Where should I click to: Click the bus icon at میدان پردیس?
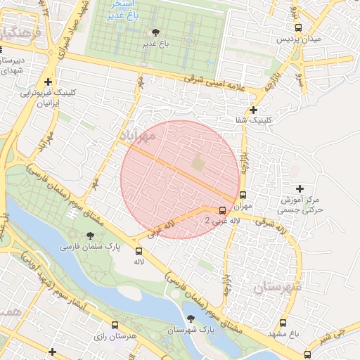[298, 27]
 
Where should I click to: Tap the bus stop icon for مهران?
[243, 195]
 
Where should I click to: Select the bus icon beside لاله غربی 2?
[223, 210]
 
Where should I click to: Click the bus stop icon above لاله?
[139, 250]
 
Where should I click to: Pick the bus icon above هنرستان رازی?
[115, 325]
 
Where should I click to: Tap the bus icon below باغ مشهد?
[307, 354]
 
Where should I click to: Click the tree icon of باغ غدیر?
[155, 32]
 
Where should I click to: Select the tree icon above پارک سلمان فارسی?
[90, 236]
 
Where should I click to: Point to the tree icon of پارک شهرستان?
[191, 319]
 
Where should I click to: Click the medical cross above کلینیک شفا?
[253, 110]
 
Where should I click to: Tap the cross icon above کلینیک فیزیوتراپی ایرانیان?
[48, 82]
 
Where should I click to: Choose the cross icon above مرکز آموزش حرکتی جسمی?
[300, 188]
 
